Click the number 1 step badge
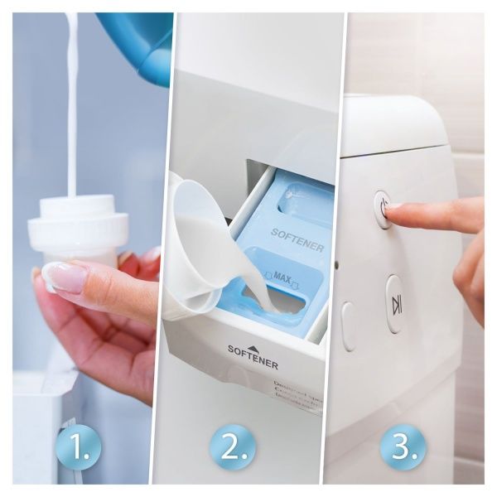coord(78,447)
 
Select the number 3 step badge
coord(403,447)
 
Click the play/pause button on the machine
coord(396,304)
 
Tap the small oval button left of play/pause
coord(348,325)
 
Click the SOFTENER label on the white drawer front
coord(253,362)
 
